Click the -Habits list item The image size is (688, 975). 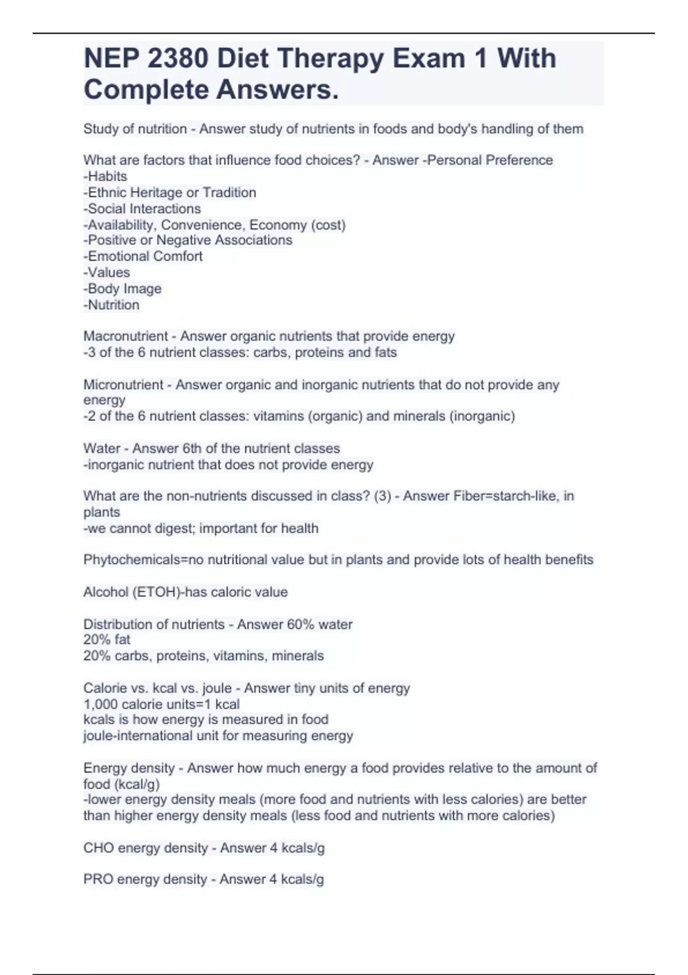[x=105, y=176]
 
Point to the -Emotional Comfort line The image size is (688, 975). [x=143, y=256]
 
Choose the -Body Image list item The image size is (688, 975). [x=123, y=288]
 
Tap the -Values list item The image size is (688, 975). [x=107, y=272]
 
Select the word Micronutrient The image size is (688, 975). [x=123, y=384]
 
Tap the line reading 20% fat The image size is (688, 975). [x=107, y=639]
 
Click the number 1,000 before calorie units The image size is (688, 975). [x=100, y=704]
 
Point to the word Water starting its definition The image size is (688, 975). [x=100, y=448]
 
